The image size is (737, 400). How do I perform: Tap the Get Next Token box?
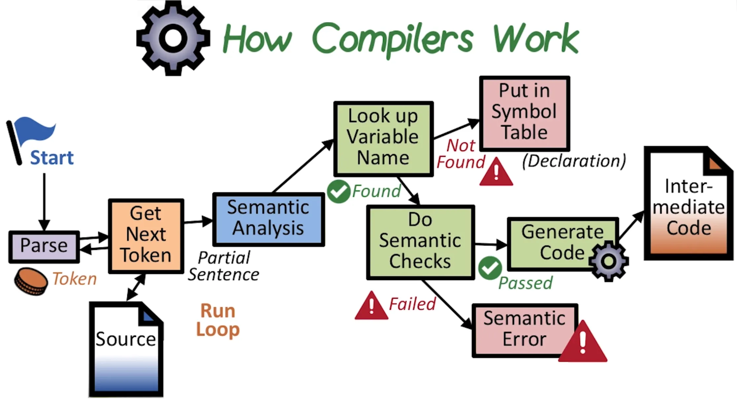[146, 236]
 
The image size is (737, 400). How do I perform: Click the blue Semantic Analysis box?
[268, 219]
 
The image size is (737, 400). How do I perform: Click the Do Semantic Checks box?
[420, 242]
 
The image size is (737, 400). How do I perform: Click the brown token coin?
[31, 281]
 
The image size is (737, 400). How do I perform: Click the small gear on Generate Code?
[609, 261]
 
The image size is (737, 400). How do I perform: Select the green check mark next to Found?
[338, 192]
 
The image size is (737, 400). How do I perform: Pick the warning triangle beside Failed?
[371, 306]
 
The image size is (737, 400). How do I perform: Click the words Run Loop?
[218, 320]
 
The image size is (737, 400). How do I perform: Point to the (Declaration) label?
[574, 161]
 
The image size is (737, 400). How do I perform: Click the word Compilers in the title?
[393, 39]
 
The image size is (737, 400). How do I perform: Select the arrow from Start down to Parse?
[44, 201]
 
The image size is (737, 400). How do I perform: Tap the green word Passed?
[525, 283]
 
